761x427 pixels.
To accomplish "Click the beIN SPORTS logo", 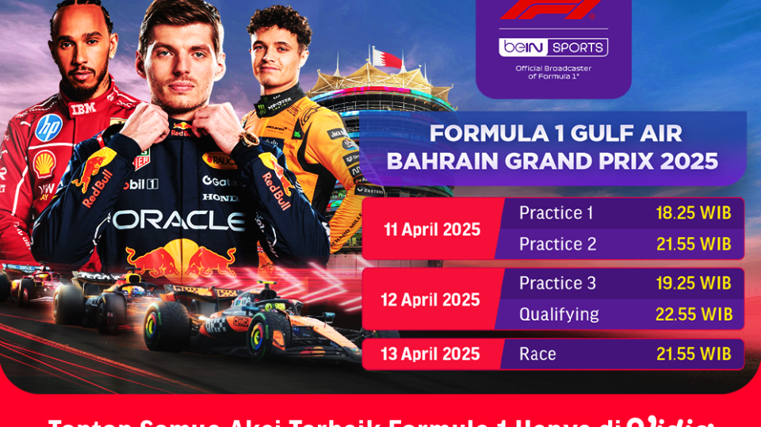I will click(x=553, y=47).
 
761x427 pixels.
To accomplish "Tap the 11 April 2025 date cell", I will click(x=432, y=230).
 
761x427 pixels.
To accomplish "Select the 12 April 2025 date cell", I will click(x=430, y=300).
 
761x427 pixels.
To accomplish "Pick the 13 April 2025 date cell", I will click(x=430, y=354).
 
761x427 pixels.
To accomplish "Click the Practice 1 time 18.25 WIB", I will click(x=693, y=213).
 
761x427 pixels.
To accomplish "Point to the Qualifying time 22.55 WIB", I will click(x=693, y=315).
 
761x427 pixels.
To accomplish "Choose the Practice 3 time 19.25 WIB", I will click(x=693, y=284).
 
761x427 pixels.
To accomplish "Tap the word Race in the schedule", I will click(x=537, y=354).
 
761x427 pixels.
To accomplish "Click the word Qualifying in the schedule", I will click(x=558, y=315).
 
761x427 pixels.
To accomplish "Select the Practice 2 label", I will click(x=557, y=244).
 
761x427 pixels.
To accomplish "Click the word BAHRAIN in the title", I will click(x=444, y=161).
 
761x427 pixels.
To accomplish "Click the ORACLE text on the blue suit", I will click(x=178, y=219).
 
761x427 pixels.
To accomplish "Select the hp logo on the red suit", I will click(x=48, y=127).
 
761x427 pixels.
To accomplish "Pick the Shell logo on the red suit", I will click(x=44, y=163).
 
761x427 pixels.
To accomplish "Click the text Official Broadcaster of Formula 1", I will click(x=553, y=72).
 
